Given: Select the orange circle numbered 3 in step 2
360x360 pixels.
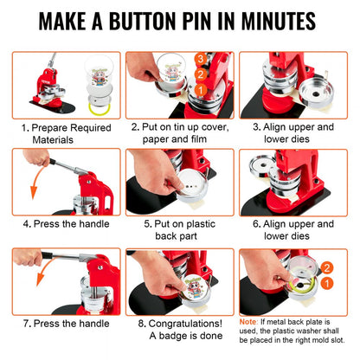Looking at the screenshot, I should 199,59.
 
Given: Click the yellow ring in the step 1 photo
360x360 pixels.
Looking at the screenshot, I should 100,107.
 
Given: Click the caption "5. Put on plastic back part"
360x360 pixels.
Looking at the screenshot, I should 180,229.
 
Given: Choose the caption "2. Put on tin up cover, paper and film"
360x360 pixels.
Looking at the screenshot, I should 180,132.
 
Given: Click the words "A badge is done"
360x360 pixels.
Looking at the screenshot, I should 180,336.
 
